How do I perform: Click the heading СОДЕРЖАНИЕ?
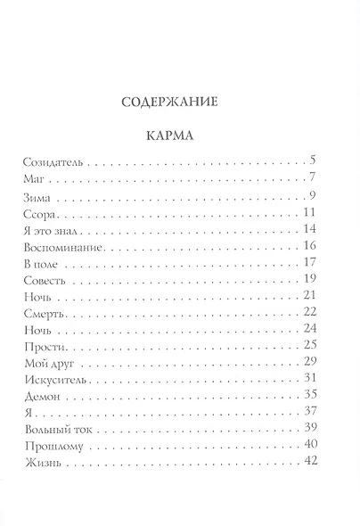click(179, 101)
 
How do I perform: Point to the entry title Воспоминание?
click(62, 244)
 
